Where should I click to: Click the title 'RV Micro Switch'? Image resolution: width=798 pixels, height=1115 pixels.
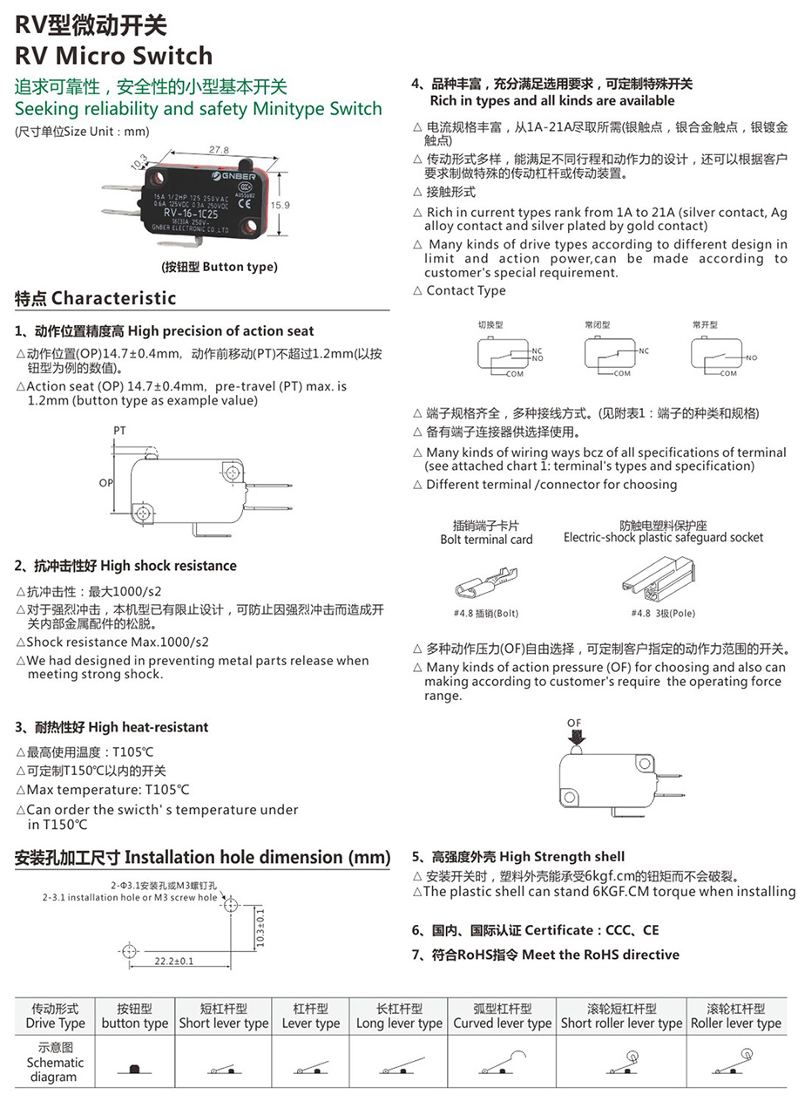[113, 56]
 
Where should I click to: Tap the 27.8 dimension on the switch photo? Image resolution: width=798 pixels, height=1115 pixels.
[220, 150]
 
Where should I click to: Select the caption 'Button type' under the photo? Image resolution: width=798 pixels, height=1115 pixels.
[220, 268]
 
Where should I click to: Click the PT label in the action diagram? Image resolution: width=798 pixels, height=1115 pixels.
[119, 431]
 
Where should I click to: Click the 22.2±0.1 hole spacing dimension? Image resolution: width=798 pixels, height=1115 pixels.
[174, 961]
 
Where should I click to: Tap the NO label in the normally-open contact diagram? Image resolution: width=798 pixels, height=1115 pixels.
[751, 357]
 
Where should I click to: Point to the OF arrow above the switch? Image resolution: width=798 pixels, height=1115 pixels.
[574, 731]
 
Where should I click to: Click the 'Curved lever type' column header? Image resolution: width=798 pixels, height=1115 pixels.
[502, 1016]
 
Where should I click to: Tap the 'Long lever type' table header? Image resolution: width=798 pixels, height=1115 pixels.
[399, 1016]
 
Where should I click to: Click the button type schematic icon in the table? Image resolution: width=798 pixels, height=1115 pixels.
[134, 1069]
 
